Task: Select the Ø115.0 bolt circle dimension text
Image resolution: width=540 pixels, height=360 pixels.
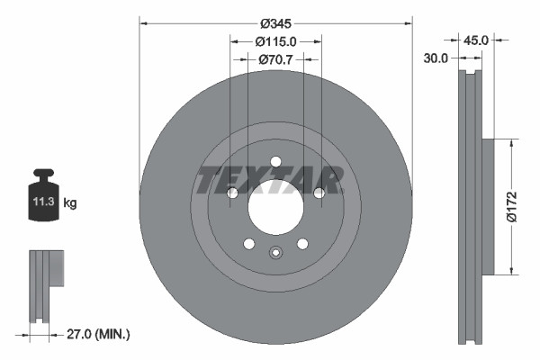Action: coord(275,41)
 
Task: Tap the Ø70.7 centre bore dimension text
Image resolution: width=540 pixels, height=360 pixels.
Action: coord(276,59)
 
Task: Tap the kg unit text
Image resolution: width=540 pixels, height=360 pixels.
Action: coord(70,204)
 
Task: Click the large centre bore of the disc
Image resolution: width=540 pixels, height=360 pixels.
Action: coord(275,208)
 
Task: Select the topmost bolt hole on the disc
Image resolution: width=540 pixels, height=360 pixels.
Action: coord(275,162)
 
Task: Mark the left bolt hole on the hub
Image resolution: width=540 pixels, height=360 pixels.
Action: coord(232,193)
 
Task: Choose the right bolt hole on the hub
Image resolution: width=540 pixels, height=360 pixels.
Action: coord(319,193)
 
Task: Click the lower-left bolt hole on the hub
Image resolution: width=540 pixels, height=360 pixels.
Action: coord(248,243)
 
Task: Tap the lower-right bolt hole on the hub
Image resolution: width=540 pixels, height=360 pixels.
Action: coord(302,243)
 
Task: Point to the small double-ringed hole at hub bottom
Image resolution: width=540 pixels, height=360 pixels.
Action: coord(275,253)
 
